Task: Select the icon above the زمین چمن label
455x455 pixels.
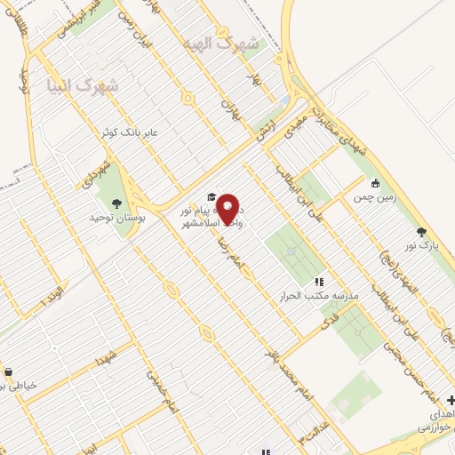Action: pos(376,183)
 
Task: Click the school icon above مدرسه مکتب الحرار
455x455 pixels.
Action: pos(318,281)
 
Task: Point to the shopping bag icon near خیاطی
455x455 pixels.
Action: pos(7,371)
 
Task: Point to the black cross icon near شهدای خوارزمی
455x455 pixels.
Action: pos(450,400)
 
